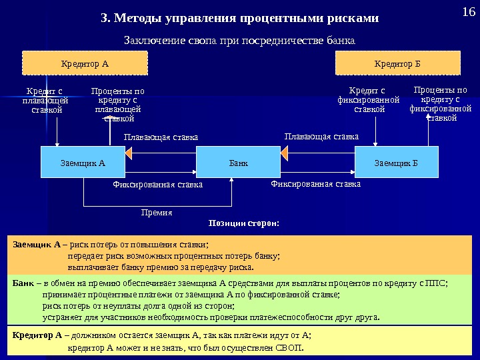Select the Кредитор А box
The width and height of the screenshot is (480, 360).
[85, 64]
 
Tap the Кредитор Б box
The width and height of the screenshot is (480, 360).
[397, 64]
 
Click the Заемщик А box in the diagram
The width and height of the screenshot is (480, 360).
[83, 162]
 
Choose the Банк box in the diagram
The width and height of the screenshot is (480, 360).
[238, 162]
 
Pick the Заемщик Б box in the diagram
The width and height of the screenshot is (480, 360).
[397, 162]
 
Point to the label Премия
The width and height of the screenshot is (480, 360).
[157, 213]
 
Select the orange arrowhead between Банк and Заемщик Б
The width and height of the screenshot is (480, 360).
[285, 154]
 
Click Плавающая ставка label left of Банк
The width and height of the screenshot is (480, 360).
[161, 137]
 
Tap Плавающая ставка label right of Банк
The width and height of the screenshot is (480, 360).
[321, 137]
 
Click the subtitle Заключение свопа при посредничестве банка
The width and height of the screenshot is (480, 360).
[241, 40]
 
